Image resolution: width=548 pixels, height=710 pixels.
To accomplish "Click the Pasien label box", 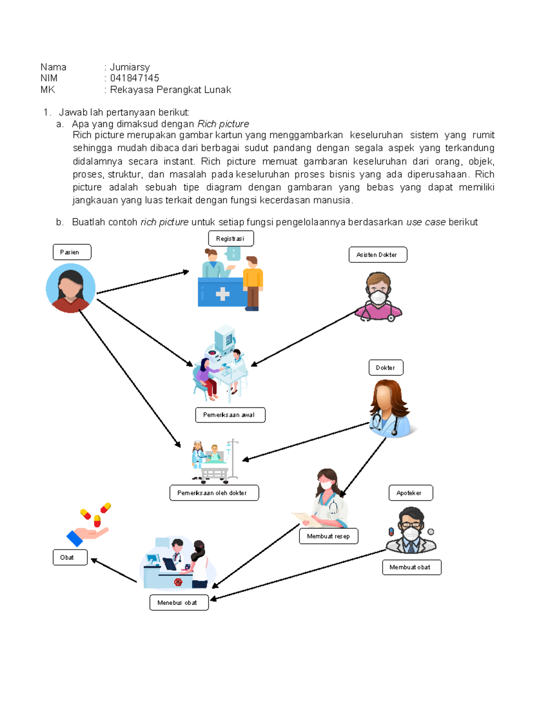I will (72, 252).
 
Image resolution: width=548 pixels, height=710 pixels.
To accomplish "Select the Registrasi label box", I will (231, 238).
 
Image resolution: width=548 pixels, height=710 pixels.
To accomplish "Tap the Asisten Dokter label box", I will (378, 255).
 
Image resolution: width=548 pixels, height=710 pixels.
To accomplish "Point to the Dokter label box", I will (386, 368).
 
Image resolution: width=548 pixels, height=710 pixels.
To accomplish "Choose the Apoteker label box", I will (411, 493).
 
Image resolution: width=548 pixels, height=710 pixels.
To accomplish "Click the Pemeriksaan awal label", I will (230, 415).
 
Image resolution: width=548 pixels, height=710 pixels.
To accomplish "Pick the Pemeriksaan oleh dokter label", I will (214, 493).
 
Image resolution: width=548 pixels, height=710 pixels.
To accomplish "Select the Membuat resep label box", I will (328, 536).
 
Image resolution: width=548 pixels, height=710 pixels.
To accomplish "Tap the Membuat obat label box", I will (411, 567).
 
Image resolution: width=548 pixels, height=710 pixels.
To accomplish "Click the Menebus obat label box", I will (179, 603).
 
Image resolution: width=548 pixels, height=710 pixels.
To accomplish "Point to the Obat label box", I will (70, 557).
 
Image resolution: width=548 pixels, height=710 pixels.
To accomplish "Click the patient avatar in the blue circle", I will (71, 288).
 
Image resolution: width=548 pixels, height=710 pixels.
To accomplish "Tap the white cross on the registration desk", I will (222, 294).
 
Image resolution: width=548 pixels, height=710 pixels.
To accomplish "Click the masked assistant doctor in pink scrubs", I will (379, 297).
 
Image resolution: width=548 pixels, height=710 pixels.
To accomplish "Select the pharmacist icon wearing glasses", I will (411, 530).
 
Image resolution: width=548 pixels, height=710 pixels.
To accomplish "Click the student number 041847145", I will (134, 78).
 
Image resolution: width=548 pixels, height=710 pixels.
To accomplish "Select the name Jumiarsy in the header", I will (130, 67).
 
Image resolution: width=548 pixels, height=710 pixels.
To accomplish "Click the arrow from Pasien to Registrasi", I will (142, 282).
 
